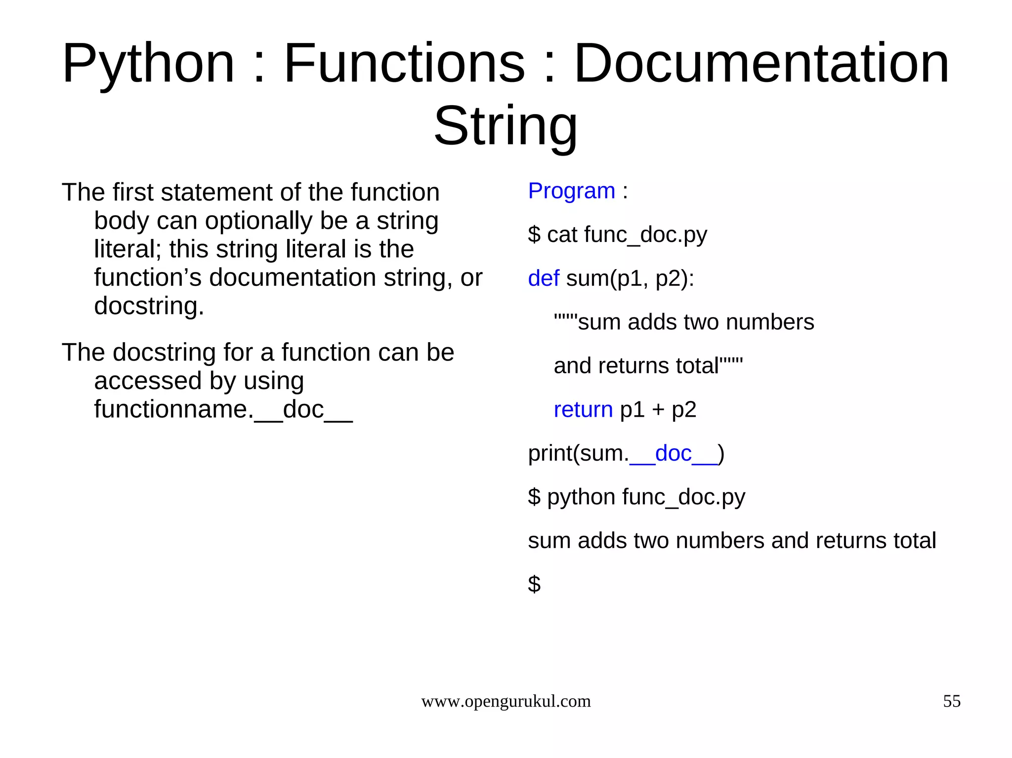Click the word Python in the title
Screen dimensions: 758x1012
148,64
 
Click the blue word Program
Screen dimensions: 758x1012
571,191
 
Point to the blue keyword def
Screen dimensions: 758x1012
544,279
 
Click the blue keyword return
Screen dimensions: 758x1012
583,410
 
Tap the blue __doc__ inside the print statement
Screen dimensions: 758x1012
673,454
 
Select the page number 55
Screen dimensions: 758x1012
951,701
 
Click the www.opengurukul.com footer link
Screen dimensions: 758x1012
506,701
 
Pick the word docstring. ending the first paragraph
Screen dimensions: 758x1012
149,306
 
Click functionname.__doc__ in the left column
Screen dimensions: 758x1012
223,409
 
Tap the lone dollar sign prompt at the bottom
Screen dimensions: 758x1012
534,584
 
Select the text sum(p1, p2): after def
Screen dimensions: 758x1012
630,279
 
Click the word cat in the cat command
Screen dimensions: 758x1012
562,235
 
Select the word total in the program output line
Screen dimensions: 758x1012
915,541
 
